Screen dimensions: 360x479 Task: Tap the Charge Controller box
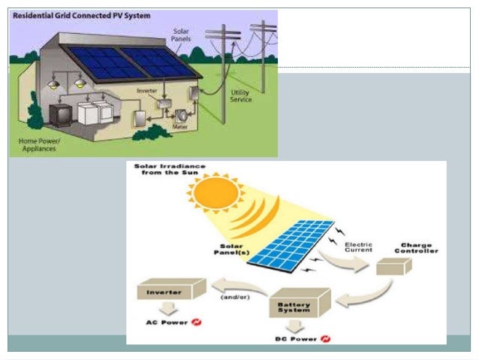(x=393, y=267)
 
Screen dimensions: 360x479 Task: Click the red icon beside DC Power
(x=325, y=339)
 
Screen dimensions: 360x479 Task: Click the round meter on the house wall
(x=181, y=119)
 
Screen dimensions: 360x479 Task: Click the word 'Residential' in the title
(x=34, y=15)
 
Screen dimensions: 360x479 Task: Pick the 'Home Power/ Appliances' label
(x=38, y=144)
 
